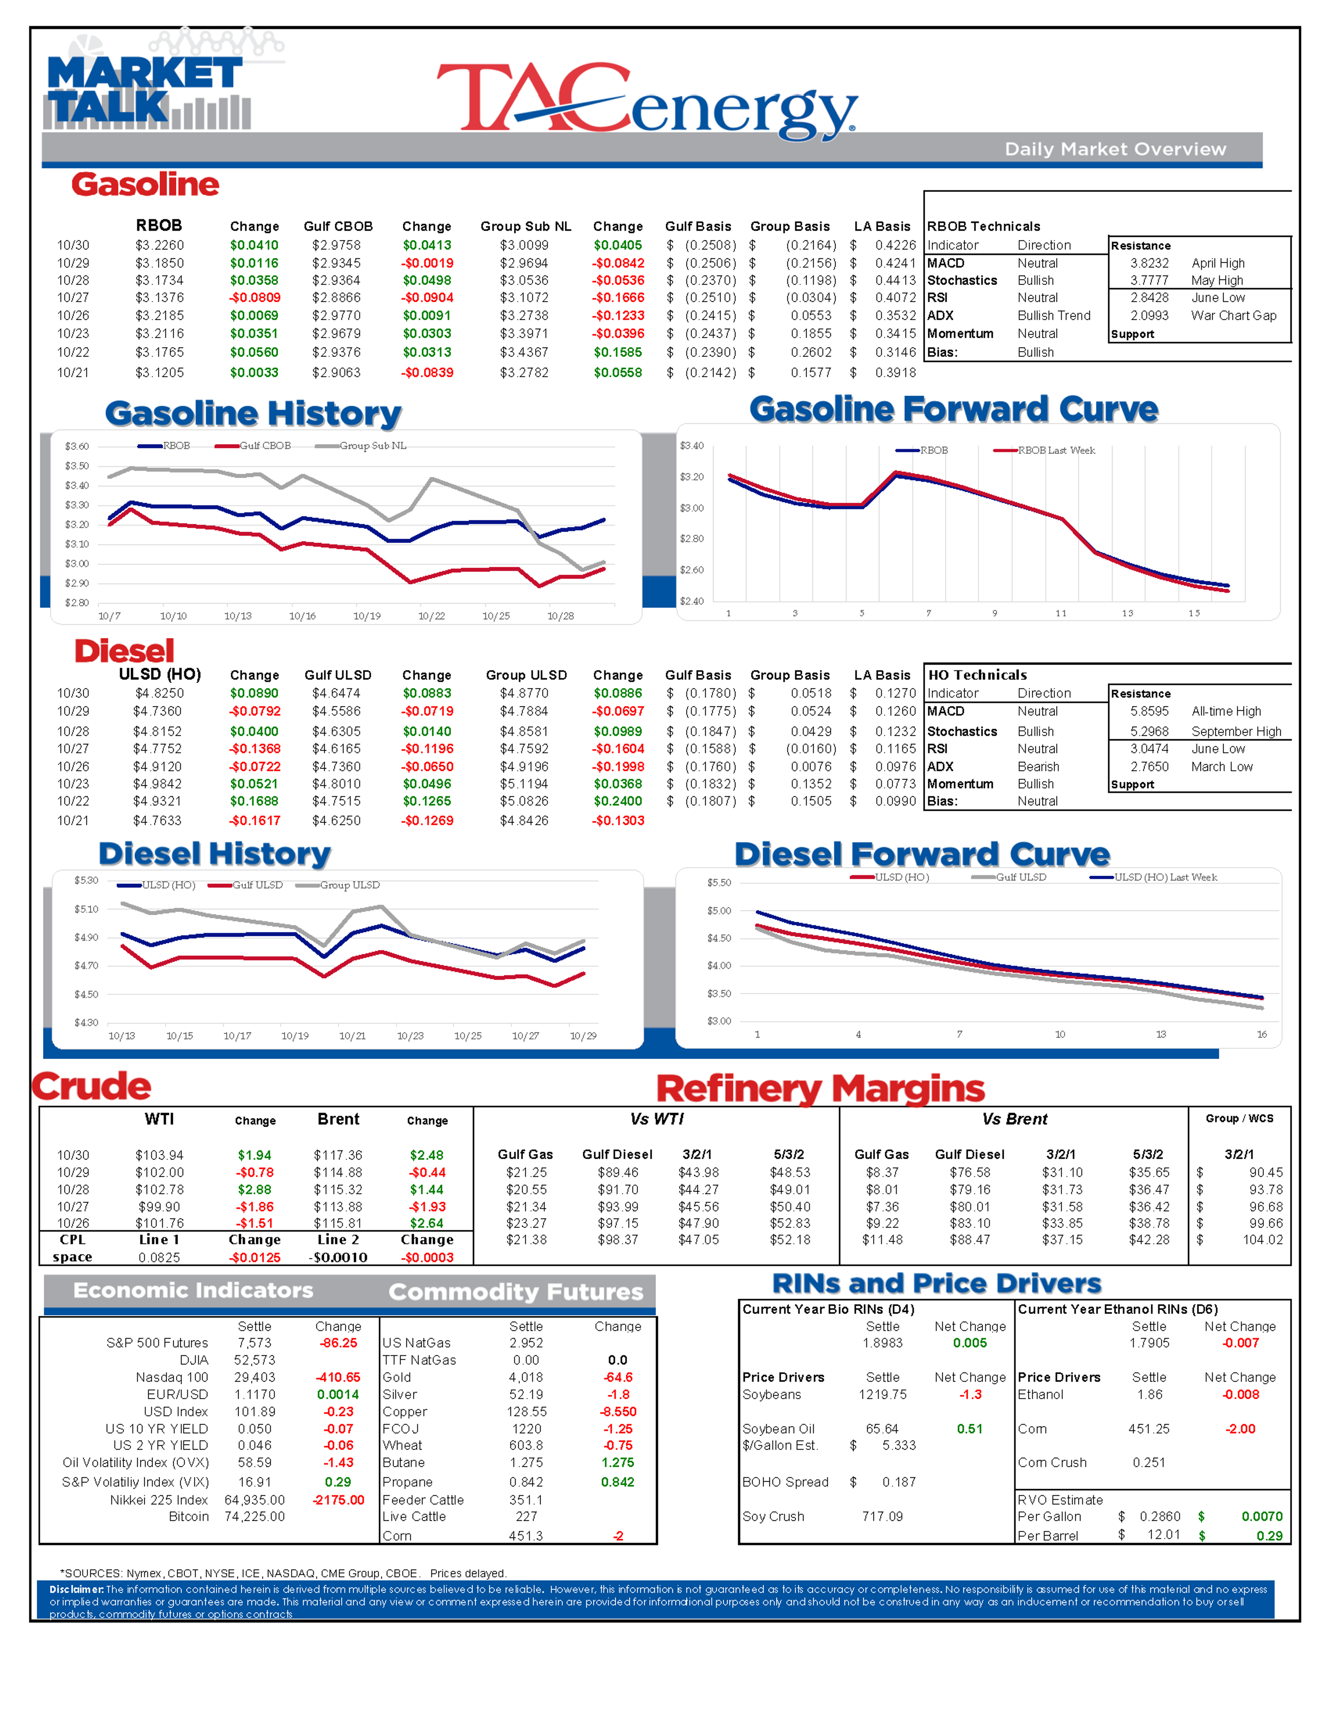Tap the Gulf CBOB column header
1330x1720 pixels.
tap(338, 226)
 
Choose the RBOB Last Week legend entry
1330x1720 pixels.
tap(1044, 450)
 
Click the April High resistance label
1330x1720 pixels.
tap(1218, 263)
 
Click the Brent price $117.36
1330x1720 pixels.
tap(338, 1155)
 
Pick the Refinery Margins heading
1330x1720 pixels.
tap(820, 1089)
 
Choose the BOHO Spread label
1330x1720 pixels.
tap(786, 1482)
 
